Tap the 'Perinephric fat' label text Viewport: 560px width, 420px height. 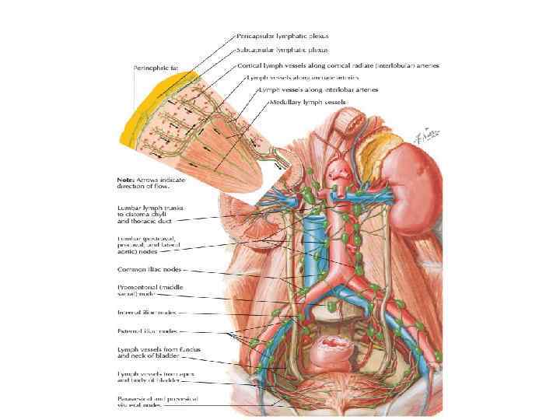[156, 68]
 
